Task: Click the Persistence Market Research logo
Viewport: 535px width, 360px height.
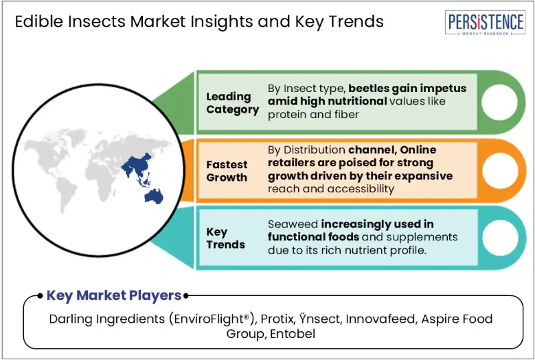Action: pyautogui.click(x=485, y=23)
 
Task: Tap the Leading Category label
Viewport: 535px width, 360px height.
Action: pyautogui.click(x=233, y=103)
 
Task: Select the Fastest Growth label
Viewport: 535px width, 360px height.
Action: pyautogui.click(x=227, y=171)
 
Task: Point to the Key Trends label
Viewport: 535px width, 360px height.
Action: pyautogui.click(x=225, y=238)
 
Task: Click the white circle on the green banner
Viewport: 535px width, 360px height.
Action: pyautogui.click(x=499, y=102)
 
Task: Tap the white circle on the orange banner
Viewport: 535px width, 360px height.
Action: pyautogui.click(x=500, y=170)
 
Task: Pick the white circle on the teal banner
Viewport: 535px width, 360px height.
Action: pyautogui.click(x=500, y=238)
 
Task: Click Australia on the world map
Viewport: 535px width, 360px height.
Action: pyautogui.click(x=155, y=196)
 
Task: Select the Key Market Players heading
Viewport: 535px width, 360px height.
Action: pyautogui.click(x=114, y=295)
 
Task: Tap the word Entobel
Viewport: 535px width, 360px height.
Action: pyautogui.click(x=293, y=334)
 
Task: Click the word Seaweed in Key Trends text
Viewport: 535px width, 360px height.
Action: pyautogui.click(x=293, y=224)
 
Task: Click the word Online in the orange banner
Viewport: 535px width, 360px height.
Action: pyautogui.click(x=418, y=150)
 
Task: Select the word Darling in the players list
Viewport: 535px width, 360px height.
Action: pyautogui.click(x=71, y=319)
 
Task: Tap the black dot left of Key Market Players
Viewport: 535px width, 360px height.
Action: pyautogui.click(x=41, y=295)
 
